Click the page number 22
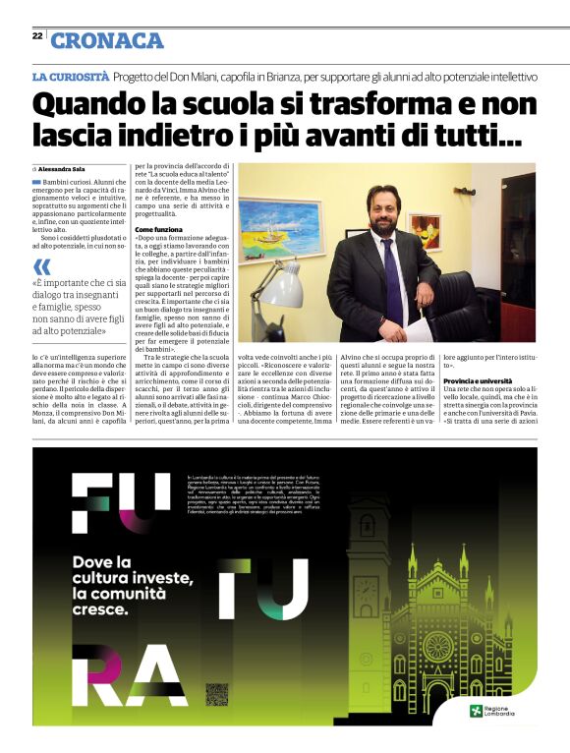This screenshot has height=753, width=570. [x=36, y=35]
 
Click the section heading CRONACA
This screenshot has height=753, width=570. [x=107, y=40]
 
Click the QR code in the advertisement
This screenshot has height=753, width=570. [x=216, y=693]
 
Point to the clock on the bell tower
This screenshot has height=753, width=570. [x=366, y=594]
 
